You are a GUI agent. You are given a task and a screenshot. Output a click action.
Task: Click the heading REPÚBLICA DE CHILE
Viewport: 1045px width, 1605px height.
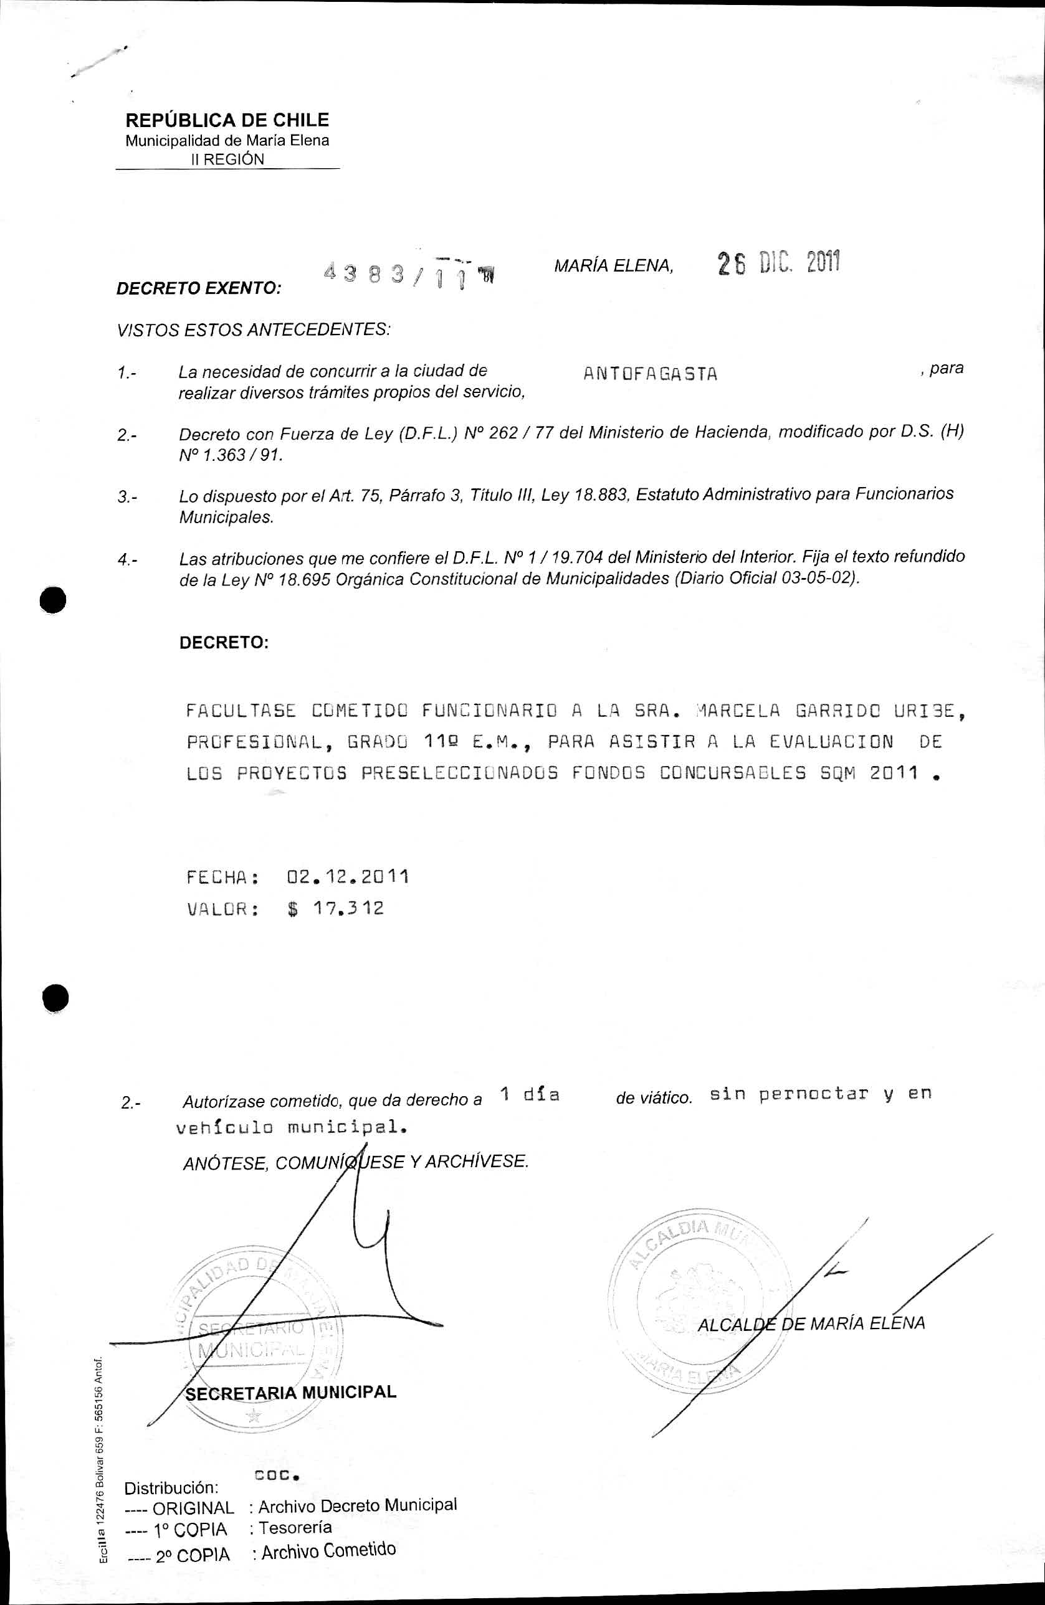point(227,120)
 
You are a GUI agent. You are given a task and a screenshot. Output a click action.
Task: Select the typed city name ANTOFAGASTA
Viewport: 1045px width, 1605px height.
point(650,374)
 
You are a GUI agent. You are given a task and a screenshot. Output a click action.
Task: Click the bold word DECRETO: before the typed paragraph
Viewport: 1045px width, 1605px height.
point(224,642)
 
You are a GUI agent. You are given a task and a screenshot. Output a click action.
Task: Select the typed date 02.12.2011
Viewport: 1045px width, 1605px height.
point(348,877)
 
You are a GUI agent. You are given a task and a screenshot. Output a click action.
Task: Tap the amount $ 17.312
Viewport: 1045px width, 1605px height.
point(335,908)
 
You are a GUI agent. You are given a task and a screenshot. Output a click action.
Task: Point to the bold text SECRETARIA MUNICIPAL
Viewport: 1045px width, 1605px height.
point(291,1392)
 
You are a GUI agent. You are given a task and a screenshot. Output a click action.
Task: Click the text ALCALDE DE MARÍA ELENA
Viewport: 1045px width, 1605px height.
point(811,1323)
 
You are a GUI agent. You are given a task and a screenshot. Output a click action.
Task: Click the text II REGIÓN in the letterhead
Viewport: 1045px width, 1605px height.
point(227,159)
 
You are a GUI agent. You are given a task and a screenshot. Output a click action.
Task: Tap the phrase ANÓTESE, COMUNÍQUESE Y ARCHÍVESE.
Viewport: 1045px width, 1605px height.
point(356,1162)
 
